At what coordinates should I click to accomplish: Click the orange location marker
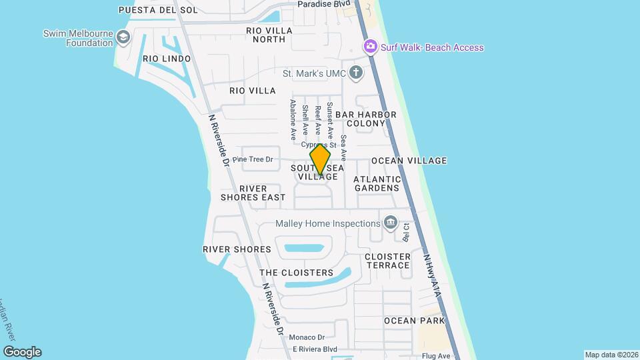pos(321,159)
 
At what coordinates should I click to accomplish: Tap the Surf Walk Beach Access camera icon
pos(369,47)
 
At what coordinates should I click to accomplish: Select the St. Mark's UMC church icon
pos(357,73)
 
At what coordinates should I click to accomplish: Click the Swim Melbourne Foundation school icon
pos(123,37)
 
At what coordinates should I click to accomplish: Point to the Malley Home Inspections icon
pos(390,223)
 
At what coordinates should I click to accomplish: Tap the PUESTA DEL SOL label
pos(149,10)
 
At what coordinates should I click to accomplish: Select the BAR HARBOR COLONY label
pos(365,119)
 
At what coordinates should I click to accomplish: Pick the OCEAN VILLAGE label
pos(409,161)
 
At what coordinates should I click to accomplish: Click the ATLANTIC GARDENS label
pos(377,183)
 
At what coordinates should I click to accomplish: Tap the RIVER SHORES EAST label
pos(253,193)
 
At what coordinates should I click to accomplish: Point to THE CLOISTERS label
pos(296,273)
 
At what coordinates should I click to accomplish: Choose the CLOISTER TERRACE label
pos(387,261)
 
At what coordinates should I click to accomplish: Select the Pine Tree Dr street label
pos(253,159)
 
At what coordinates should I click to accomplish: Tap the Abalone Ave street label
pos(292,120)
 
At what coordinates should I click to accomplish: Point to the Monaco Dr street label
pos(308,337)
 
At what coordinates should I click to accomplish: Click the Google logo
pos(23,352)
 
